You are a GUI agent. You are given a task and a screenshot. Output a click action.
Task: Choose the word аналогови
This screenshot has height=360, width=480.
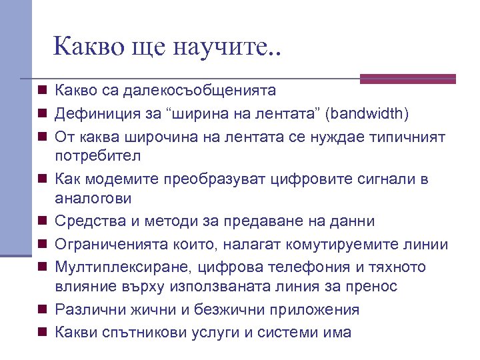pos(93,198)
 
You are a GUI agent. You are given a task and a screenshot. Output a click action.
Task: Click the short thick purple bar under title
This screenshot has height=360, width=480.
pos(407,79)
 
